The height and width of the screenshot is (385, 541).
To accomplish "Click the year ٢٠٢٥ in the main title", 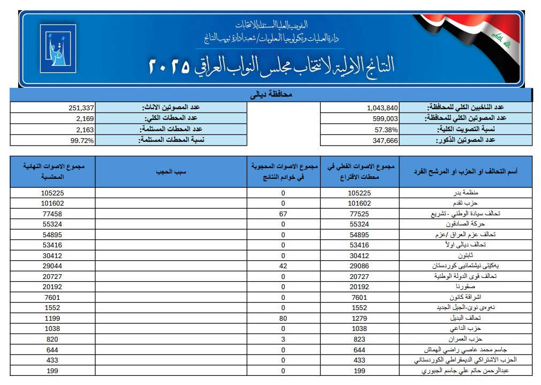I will (x=169, y=66).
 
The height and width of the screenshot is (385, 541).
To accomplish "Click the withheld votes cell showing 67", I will (x=283, y=214).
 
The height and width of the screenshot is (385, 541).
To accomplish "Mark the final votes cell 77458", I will (x=52, y=214).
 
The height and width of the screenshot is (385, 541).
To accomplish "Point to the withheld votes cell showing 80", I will (x=283, y=318).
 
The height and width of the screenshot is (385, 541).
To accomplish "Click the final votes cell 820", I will (x=52, y=339).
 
